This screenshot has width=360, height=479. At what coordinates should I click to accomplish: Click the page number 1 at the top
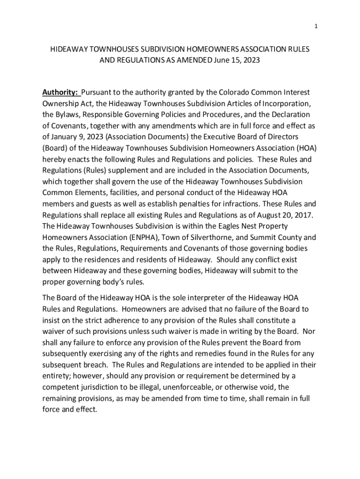click(316, 27)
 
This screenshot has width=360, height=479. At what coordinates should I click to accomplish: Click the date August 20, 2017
click(285, 215)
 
